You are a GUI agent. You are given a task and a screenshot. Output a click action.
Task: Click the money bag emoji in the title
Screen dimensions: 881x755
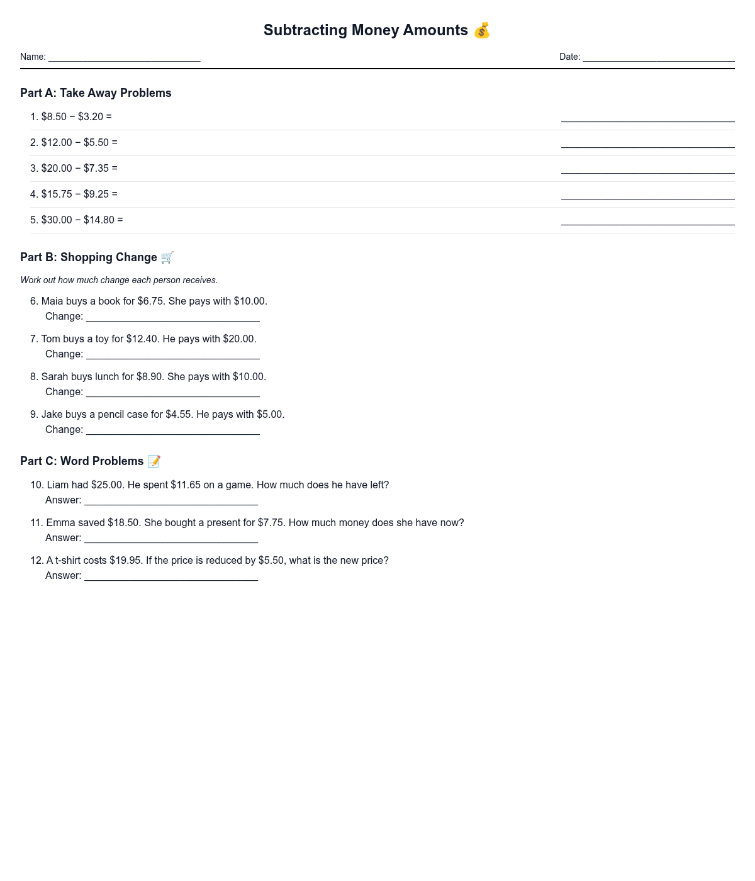(482, 30)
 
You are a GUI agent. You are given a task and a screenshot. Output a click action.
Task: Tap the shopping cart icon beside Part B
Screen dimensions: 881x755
(167, 257)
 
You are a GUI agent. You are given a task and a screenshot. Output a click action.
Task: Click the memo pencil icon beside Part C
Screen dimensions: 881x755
(154, 461)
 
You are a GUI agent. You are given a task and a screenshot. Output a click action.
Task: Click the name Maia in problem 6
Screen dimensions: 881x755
(52, 301)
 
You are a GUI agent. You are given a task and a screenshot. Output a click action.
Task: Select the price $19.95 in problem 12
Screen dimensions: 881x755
(126, 561)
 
